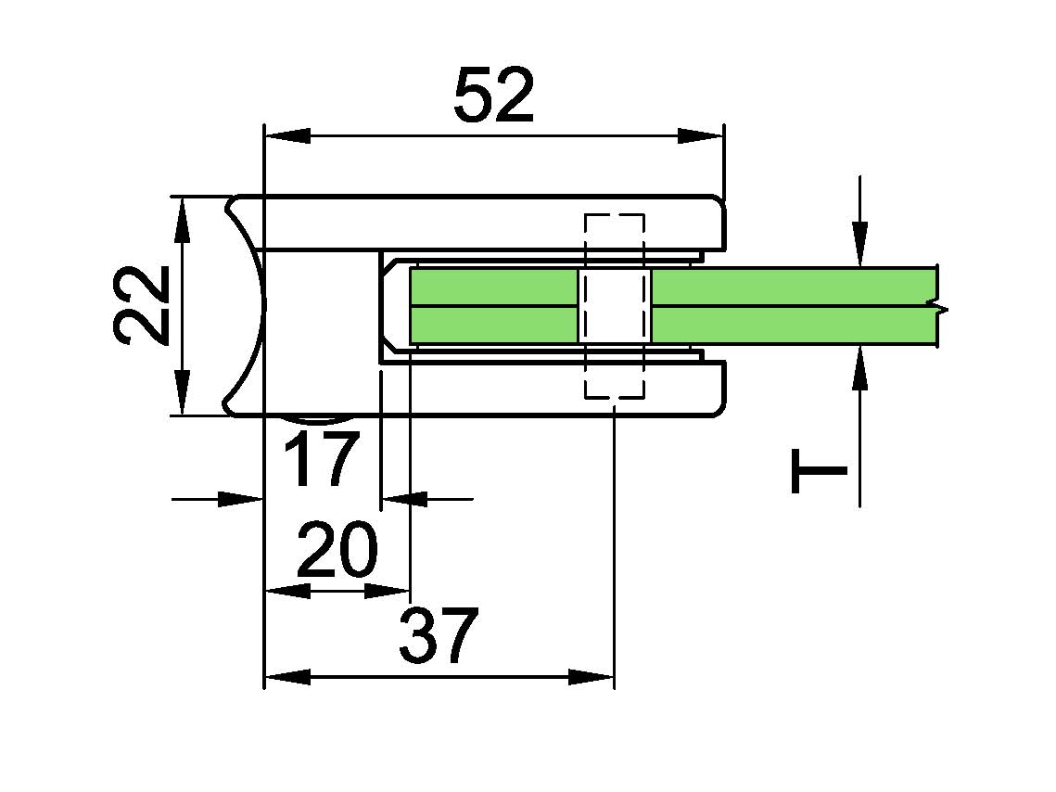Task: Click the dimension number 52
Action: (494, 95)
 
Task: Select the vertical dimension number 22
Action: (141, 305)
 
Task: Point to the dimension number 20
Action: (337, 549)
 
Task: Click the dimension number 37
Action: (439, 634)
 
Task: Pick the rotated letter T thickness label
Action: (819, 471)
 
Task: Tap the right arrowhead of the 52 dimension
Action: (700, 136)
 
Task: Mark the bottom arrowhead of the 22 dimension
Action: (182, 392)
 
